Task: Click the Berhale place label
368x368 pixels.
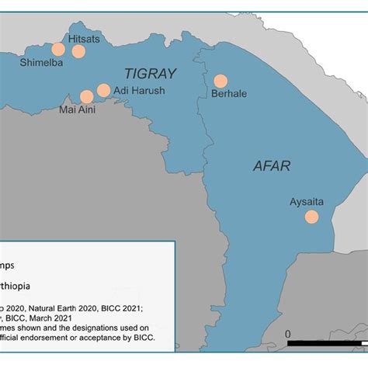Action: click(229, 94)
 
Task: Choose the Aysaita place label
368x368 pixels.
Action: click(307, 202)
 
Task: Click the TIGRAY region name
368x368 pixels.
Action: click(151, 74)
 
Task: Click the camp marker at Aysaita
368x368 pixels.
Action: click(311, 217)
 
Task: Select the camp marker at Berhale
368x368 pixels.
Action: click(220, 80)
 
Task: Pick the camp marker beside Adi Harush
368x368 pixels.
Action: click(103, 90)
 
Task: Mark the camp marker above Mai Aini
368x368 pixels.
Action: click(86, 96)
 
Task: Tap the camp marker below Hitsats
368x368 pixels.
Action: click(78, 51)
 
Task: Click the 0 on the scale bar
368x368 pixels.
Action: click(287, 334)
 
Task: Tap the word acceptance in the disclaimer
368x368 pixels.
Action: click(110, 337)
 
